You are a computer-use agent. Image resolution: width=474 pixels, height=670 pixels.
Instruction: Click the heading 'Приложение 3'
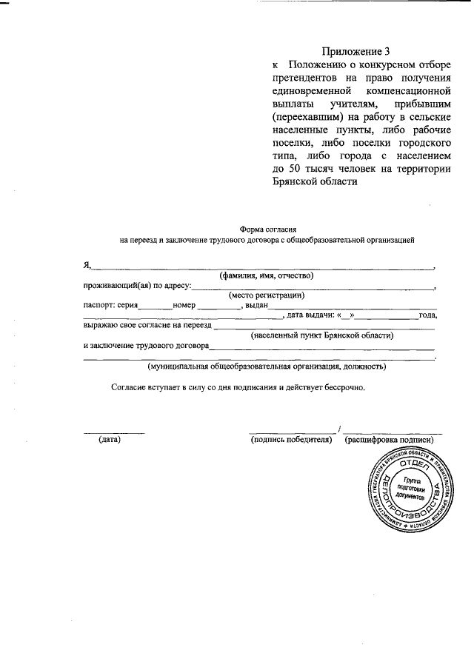[x=355, y=51]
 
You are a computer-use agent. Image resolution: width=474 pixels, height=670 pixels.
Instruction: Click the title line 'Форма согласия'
[x=267, y=230]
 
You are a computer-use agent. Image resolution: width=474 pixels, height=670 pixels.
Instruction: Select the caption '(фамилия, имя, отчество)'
[x=266, y=275]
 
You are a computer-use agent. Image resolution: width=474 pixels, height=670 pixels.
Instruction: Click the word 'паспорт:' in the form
[x=99, y=305]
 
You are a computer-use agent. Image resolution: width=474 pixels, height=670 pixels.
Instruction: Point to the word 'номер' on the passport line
[x=184, y=305]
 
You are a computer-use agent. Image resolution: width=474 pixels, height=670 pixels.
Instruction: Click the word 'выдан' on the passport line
[x=255, y=305]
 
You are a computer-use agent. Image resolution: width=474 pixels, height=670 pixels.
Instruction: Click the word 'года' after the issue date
[x=427, y=315]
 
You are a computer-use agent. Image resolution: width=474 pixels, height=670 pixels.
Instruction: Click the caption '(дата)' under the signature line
[x=110, y=439]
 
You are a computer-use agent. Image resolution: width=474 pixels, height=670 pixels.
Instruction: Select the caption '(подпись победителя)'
[x=291, y=439]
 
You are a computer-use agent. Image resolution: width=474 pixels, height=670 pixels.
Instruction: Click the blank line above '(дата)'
[x=113, y=431]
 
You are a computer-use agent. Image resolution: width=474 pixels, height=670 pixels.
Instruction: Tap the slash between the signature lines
[x=339, y=429]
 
